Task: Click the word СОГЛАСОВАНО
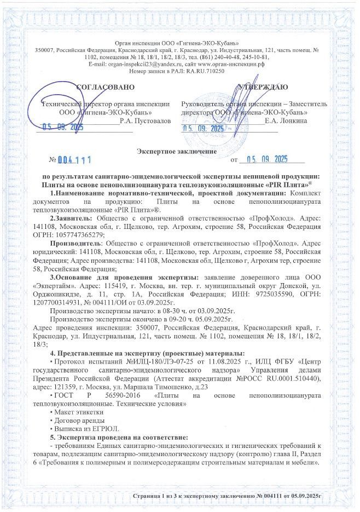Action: point(104,87)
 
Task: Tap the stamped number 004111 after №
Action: point(75,160)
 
